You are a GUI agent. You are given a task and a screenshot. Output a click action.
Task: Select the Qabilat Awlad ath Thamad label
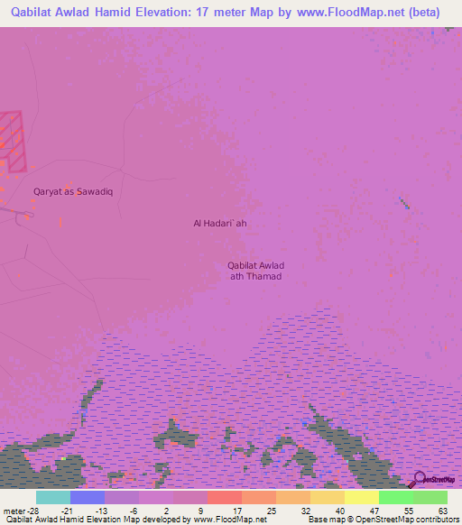255,270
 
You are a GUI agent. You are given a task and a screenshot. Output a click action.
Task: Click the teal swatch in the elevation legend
53,497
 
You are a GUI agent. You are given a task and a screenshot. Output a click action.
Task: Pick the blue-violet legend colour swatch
88,497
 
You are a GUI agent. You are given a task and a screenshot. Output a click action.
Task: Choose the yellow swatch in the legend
362,497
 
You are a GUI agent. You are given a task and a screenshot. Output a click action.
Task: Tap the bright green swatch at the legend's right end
430,497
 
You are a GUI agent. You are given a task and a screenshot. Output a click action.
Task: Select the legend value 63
441,510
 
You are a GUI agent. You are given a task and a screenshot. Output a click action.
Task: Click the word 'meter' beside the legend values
13,510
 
